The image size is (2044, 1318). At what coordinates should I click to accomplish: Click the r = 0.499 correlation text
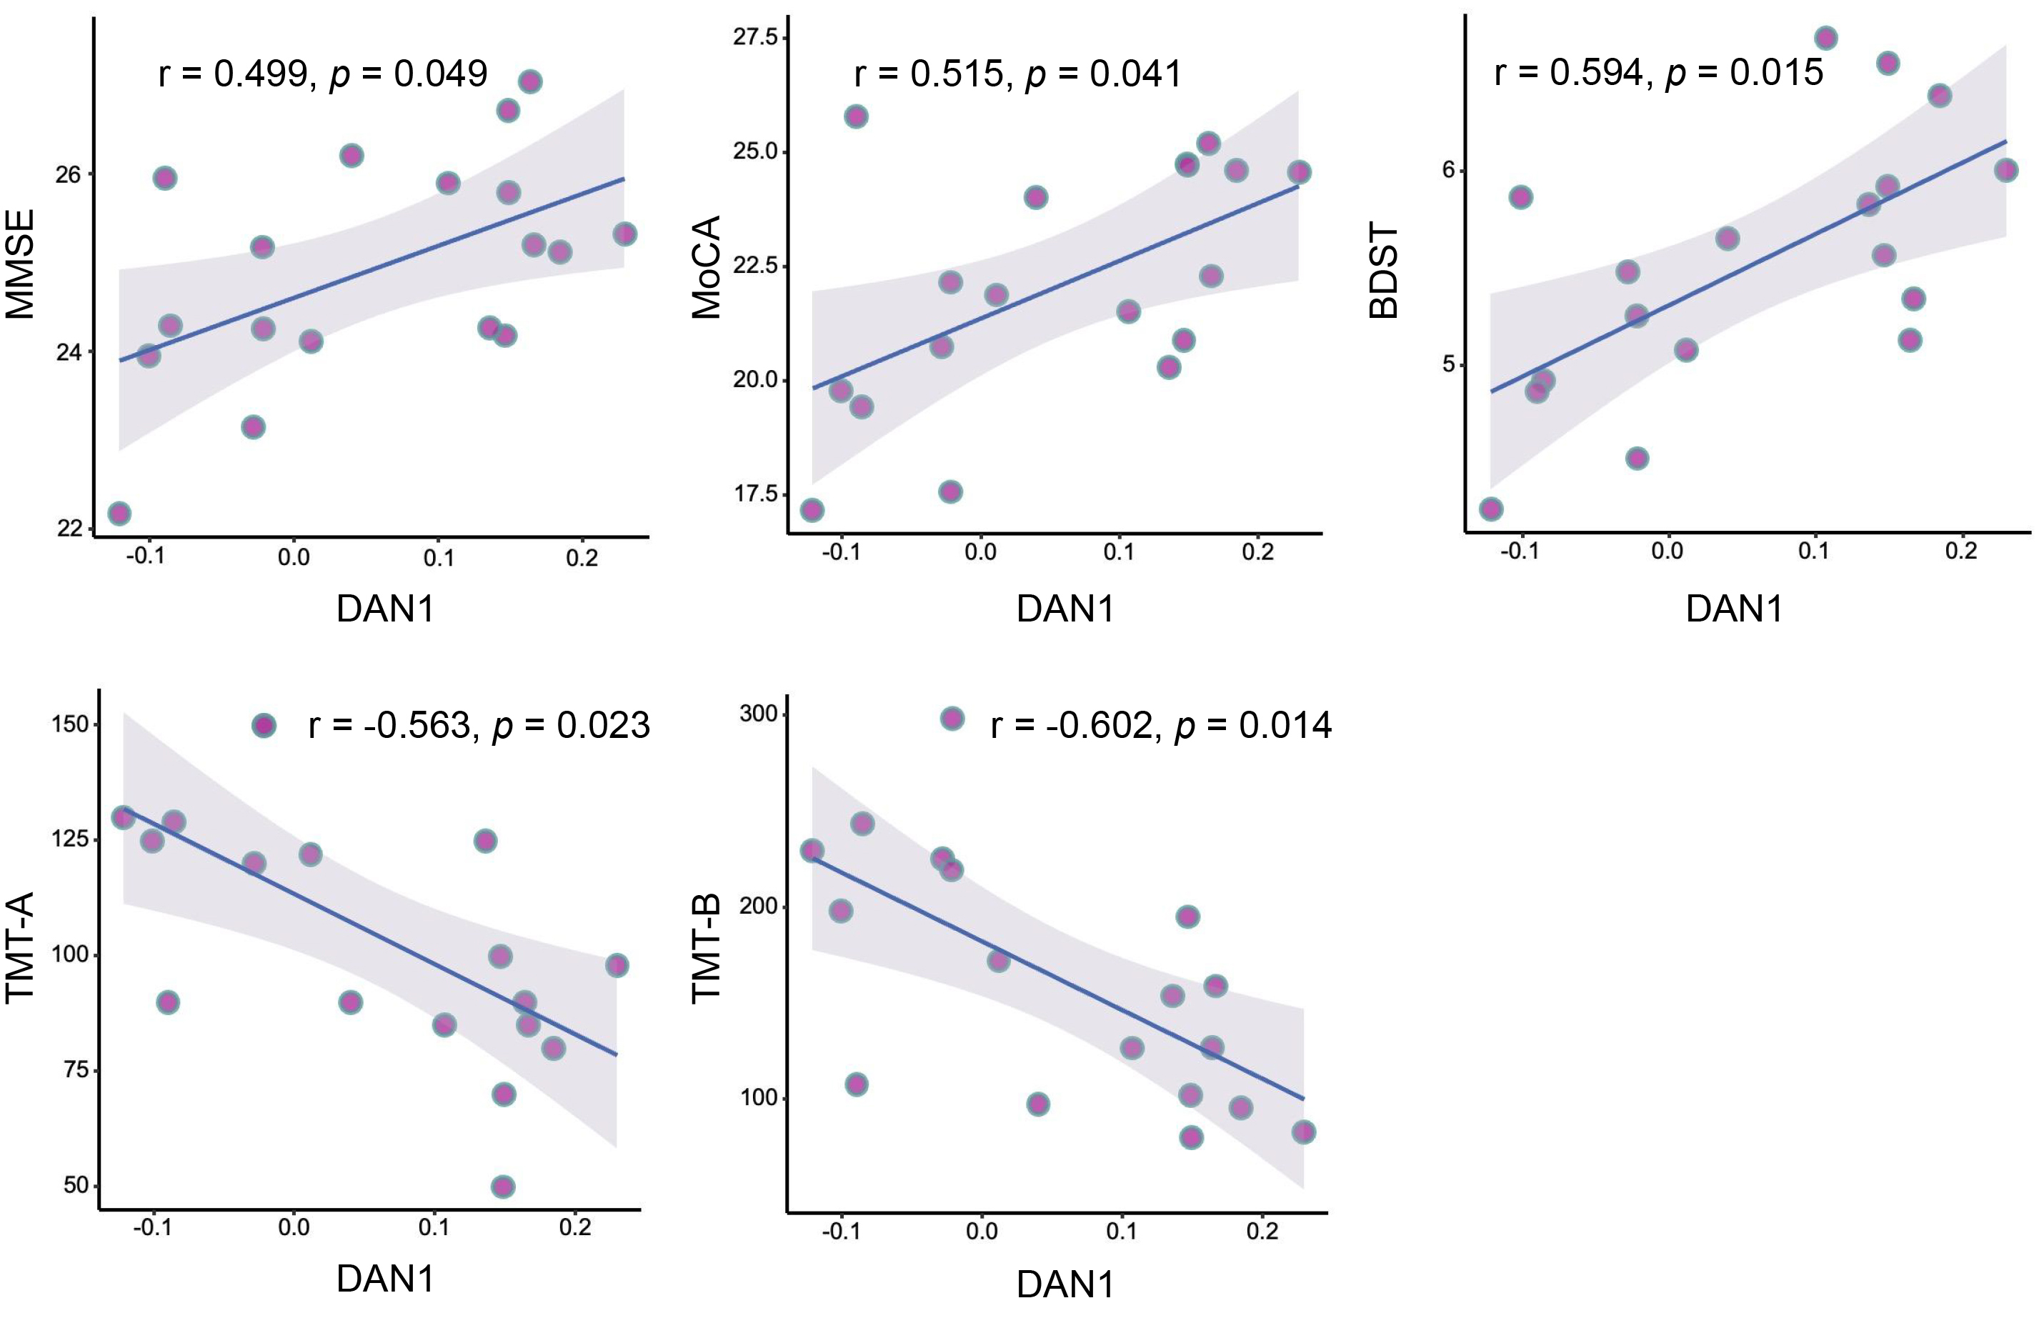323,74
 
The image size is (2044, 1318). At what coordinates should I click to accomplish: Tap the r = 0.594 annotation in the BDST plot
1658,73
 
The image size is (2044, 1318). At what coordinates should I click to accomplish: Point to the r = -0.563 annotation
479,726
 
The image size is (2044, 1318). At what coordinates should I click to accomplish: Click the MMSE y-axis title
21,264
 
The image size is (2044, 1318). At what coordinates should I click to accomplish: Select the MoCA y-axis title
707,267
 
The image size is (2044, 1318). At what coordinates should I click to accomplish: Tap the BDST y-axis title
1384,271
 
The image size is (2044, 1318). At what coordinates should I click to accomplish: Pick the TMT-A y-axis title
21,947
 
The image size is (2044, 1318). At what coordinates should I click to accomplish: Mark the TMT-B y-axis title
707,948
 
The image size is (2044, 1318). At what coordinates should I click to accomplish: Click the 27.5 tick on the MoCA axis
756,37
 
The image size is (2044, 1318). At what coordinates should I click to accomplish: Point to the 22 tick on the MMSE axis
69,528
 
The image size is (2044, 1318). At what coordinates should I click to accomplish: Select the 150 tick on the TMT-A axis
69,724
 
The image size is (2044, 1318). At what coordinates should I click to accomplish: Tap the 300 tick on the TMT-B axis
757,714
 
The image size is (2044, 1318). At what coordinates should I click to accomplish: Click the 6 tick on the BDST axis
1448,169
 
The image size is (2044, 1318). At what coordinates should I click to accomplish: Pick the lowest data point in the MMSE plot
119,514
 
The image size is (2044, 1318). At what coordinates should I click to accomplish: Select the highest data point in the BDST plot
1825,38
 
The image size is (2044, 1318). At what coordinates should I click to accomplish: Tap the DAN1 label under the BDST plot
1734,609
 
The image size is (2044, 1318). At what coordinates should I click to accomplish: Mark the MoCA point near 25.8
856,116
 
